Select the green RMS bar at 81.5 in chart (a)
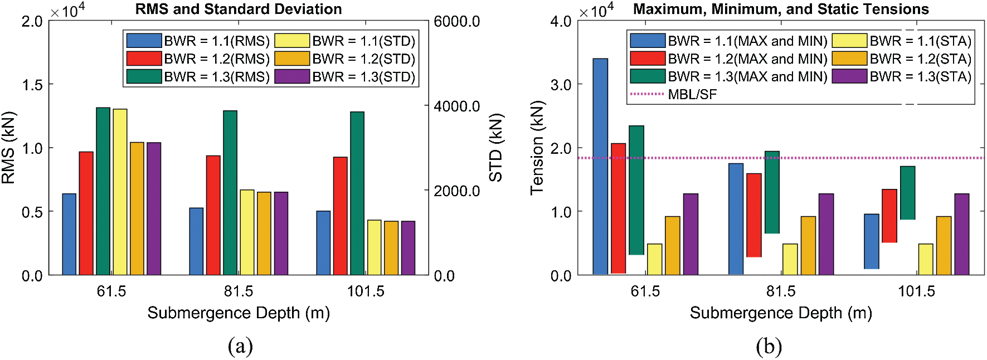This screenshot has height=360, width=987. click(230, 192)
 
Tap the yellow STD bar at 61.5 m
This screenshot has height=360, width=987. click(120, 192)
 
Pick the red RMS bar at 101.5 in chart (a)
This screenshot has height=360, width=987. click(340, 216)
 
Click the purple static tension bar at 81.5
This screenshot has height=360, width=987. click(826, 234)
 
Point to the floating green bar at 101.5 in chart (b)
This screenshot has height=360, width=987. click(907, 193)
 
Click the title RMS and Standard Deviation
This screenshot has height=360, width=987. click(239, 9)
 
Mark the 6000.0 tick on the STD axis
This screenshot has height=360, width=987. click(456, 21)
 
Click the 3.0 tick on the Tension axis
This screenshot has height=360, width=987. click(561, 85)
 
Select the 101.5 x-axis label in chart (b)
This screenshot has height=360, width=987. click(916, 291)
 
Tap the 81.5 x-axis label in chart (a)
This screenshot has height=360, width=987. click(239, 291)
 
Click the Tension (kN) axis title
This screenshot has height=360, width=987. click(537, 148)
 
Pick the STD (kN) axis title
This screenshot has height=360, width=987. click(495, 148)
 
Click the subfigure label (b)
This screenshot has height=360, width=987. click(769, 347)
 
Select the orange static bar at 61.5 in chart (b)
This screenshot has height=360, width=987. click(672, 245)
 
